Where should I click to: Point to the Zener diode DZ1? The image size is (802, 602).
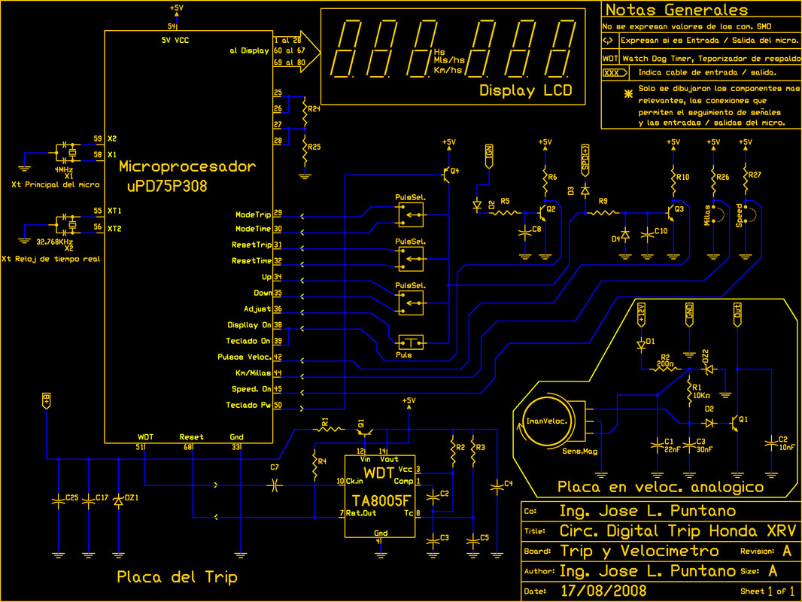point(117,503)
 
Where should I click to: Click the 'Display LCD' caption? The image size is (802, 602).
point(525,91)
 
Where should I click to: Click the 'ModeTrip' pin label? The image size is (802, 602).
point(253,215)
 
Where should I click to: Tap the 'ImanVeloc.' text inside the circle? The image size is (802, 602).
point(547,421)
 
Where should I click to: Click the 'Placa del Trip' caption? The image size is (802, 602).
point(177,577)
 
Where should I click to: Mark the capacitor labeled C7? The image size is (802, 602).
point(275,485)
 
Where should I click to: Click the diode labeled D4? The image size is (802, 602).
point(624,234)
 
